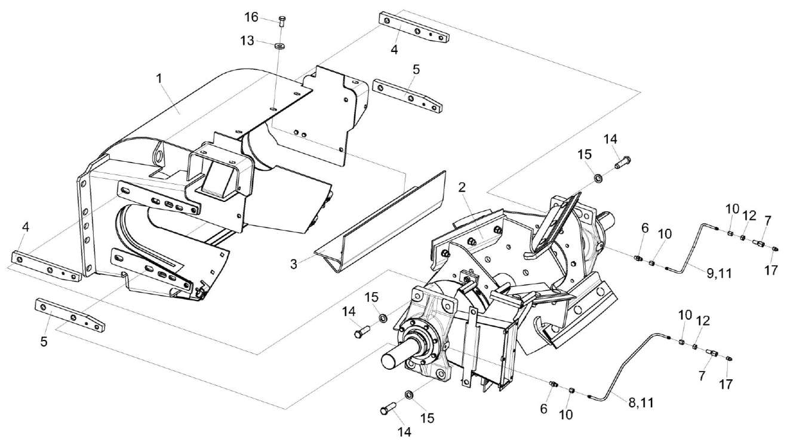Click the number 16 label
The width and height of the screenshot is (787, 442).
pos(251,17)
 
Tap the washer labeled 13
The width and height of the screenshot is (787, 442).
pos(279,45)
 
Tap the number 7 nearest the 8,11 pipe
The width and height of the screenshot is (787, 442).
pos(702,376)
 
